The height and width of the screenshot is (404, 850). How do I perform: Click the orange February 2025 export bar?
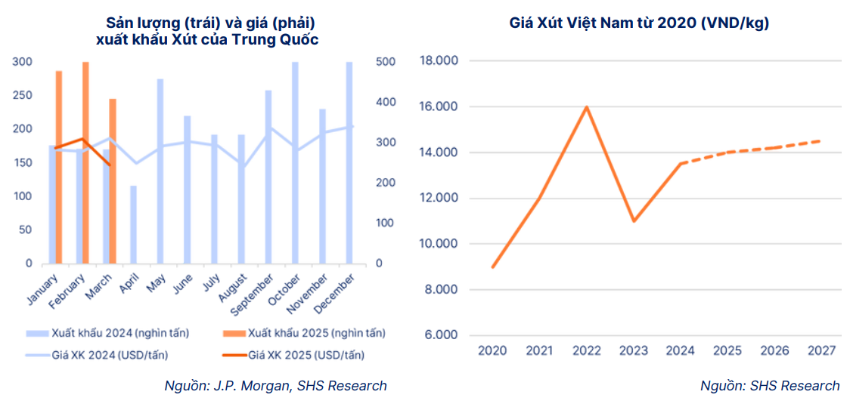point(85,162)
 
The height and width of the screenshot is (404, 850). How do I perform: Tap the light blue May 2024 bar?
point(160,171)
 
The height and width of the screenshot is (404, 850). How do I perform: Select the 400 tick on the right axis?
point(385,102)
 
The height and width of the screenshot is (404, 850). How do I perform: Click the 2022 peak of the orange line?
point(586,106)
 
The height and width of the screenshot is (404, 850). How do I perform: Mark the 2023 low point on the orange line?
point(633,221)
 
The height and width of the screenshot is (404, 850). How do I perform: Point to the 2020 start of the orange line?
point(492,267)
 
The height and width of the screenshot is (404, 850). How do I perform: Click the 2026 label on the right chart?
point(774,350)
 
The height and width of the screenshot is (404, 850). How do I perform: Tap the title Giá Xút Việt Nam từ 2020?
point(639,23)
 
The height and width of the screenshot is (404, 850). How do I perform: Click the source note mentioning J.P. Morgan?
point(275,386)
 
